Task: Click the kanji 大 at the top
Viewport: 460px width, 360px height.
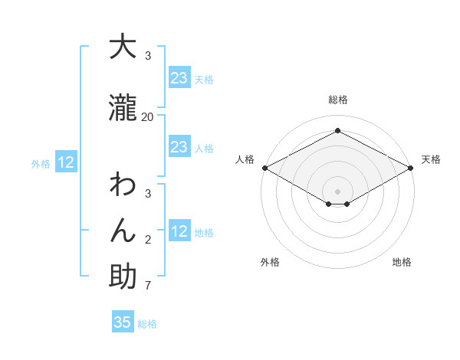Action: click(x=123, y=47)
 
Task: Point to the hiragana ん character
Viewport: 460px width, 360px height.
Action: click(x=123, y=231)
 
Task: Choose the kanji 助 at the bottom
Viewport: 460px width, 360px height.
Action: click(x=123, y=277)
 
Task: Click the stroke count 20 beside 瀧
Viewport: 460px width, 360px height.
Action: click(x=148, y=116)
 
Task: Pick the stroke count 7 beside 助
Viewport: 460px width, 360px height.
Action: click(x=148, y=286)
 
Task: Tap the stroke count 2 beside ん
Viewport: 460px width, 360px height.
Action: click(x=148, y=240)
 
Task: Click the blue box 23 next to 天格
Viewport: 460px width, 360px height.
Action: click(x=179, y=78)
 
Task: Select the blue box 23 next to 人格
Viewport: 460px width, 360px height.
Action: click(x=179, y=147)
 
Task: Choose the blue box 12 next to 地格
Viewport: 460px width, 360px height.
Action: click(x=179, y=231)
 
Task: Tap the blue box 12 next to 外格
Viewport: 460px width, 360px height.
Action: click(x=66, y=162)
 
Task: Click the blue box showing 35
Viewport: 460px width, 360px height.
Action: click(x=123, y=322)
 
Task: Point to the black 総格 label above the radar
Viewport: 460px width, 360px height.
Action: click(x=338, y=100)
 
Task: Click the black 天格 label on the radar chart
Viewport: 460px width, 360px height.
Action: click(x=431, y=159)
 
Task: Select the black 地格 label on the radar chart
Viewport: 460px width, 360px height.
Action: click(x=402, y=262)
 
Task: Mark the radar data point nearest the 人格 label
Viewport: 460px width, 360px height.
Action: click(x=264, y=168)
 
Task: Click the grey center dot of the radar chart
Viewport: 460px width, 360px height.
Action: click(x=338, y=191)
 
